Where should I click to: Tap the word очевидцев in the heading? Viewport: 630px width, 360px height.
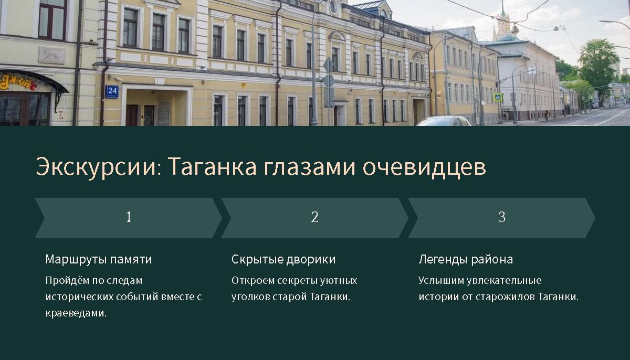pos(424,167)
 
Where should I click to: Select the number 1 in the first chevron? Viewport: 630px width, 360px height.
pos(129,217)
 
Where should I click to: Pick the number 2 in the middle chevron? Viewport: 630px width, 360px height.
pos(314,217)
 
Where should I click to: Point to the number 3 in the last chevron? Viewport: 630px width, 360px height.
pos(502,217)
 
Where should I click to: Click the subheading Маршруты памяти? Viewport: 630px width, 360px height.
pos(99,259)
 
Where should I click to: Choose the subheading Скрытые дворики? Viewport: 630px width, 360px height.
pos(283,259)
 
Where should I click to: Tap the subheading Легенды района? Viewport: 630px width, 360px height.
pos(466,259)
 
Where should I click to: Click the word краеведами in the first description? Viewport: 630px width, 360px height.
pos(76,313)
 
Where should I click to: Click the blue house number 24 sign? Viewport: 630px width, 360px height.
pos(112,91)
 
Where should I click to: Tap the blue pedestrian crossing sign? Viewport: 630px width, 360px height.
pos(498,97)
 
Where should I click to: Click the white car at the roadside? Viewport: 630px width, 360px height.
pos(443,121)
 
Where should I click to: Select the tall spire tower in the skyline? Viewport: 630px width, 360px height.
pos(503,22)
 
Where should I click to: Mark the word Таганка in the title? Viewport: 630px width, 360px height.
pos(212,166)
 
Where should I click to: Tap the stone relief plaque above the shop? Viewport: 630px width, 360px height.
pos(51,55)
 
